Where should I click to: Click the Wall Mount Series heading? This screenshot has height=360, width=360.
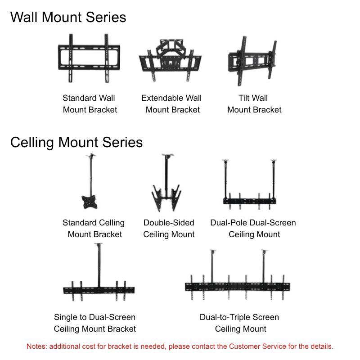click(68, 17)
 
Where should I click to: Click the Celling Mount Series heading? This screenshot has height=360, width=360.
click(76, 142)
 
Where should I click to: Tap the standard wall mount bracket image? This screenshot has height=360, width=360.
click(89, 58)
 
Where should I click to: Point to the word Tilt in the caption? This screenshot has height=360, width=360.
click(245, 98)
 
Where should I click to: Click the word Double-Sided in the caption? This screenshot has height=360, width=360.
click(169, 223)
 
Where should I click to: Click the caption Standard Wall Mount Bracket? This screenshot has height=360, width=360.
click(90, 104)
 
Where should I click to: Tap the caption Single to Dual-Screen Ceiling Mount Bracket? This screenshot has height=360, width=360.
click(94, 323)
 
